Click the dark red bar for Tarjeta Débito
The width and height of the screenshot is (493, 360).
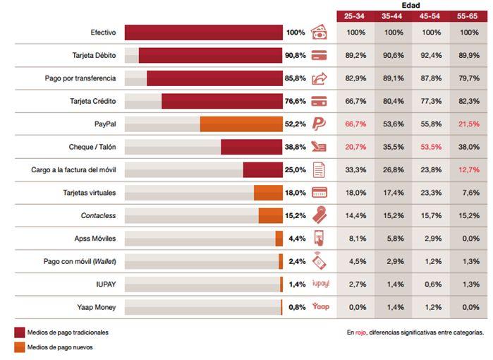[211, 55]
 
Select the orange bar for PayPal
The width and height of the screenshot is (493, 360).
[241, 124]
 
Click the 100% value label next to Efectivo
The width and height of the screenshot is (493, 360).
[295, 32]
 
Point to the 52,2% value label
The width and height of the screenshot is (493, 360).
[295, 124]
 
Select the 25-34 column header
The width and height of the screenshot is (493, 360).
[355, 15]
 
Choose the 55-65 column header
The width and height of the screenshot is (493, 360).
[468, 15]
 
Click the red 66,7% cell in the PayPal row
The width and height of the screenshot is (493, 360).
[355, 124]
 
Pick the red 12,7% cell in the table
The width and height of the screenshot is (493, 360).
[468, 169]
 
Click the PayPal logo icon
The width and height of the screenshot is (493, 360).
[318, 124]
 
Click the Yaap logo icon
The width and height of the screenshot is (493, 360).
[320, 306]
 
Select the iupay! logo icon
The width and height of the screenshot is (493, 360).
[320, 284]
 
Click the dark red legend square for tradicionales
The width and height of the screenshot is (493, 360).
[19, 332]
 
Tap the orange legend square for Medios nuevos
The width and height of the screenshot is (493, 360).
[19, 347]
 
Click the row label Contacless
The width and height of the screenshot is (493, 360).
[98, 215]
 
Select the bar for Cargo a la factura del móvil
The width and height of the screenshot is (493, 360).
[263, 169]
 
